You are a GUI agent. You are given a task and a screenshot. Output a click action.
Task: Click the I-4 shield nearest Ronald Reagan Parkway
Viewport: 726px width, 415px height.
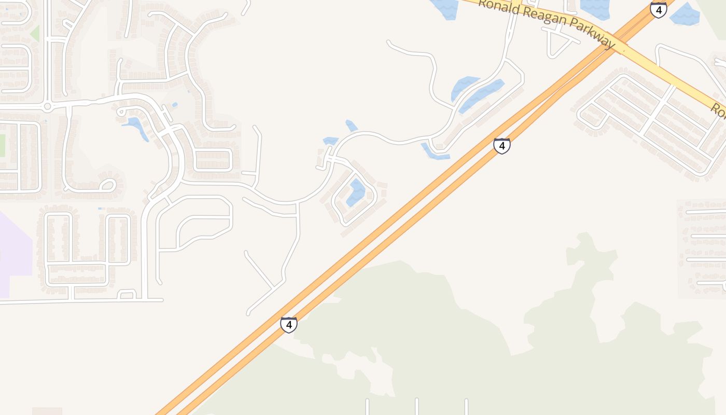[658, 10]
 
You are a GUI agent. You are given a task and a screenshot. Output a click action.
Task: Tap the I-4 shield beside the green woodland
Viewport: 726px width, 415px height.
[289, 325]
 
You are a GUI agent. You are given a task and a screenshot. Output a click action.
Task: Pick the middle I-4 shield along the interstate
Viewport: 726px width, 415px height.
[501, 146]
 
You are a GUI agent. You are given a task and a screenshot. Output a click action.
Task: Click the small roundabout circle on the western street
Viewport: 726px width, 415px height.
[48, 107]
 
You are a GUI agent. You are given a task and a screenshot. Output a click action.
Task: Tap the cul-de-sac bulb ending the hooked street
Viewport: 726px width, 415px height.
[107, 185]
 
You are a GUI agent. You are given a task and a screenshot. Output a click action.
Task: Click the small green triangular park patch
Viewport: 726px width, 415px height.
[35, 34]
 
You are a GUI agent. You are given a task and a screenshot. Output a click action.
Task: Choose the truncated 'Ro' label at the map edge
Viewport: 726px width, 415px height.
[718, 110]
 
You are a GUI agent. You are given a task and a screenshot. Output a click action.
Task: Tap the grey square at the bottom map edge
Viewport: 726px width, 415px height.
[47, 411]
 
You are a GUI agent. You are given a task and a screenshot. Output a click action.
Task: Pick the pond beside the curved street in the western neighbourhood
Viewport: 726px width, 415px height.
[136, 128]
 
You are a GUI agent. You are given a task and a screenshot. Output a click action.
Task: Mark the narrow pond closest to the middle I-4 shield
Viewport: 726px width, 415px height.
[434, 152]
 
